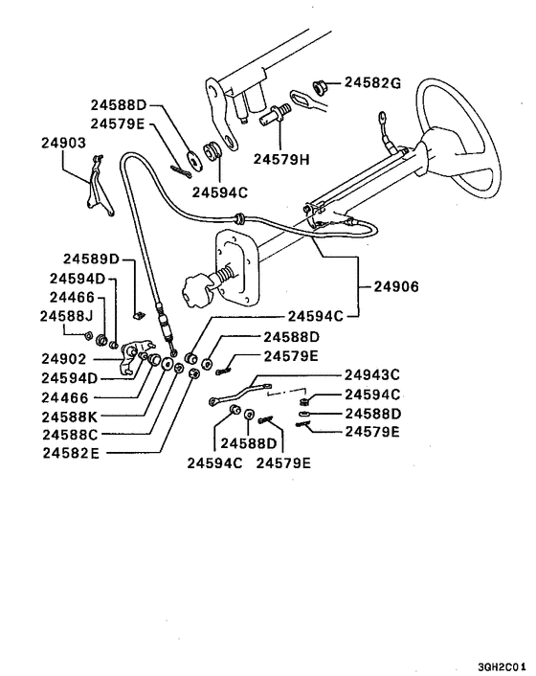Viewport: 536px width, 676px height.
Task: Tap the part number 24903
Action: [64, 142]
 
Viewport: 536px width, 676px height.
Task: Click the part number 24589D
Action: [92, 259]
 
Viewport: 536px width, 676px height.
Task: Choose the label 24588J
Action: [67, 314]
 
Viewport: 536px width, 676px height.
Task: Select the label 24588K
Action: [70, 417]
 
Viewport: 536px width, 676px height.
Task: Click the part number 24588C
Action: [70, 434]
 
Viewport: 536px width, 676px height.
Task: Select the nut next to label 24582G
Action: [323, 85]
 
